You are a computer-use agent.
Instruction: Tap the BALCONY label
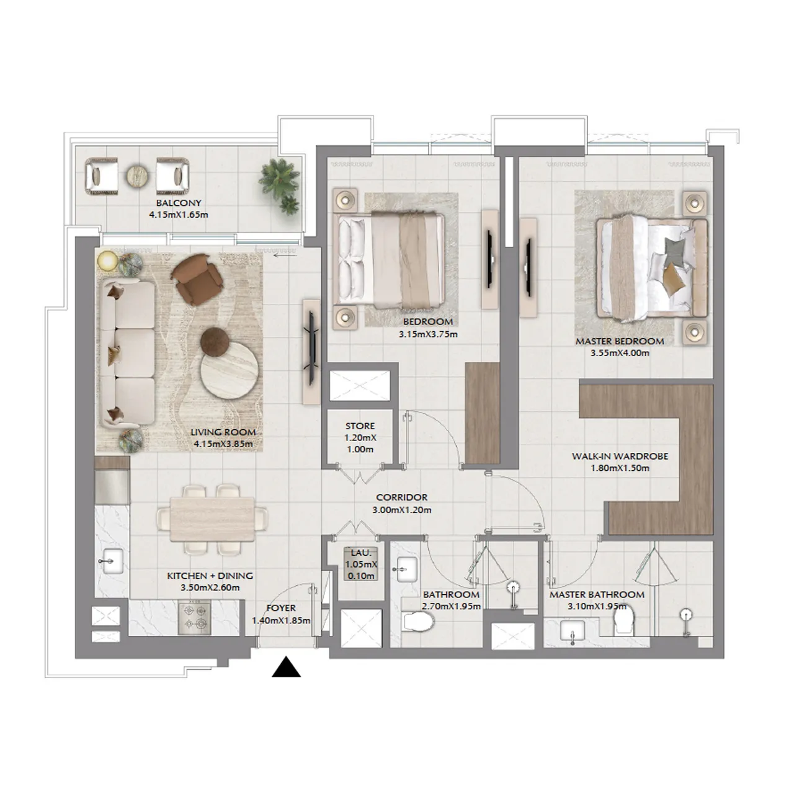tap(179, 203)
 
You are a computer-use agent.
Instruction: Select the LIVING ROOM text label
tap(223, 432)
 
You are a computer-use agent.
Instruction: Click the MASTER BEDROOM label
tap(619, 341)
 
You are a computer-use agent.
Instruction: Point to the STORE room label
tap(360, 426)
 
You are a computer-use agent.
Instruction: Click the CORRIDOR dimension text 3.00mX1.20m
tap(401, 510)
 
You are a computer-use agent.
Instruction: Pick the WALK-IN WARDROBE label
tap(620, 456)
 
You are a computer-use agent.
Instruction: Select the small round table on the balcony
tap(137, 176)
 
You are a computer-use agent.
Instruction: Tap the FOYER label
tap(281, 608)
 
